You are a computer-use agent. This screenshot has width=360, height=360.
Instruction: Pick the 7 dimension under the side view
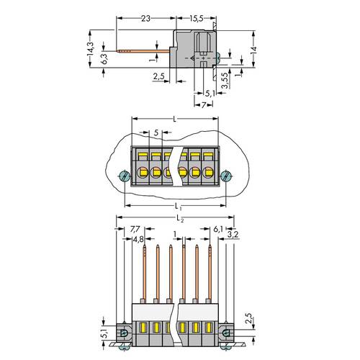204,105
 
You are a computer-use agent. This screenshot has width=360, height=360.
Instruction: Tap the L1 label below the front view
176,207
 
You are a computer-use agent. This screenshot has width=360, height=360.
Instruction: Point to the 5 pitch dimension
156,133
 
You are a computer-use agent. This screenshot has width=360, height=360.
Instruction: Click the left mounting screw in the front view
123,176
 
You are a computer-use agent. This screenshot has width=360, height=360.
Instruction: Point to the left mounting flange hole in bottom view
124,333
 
